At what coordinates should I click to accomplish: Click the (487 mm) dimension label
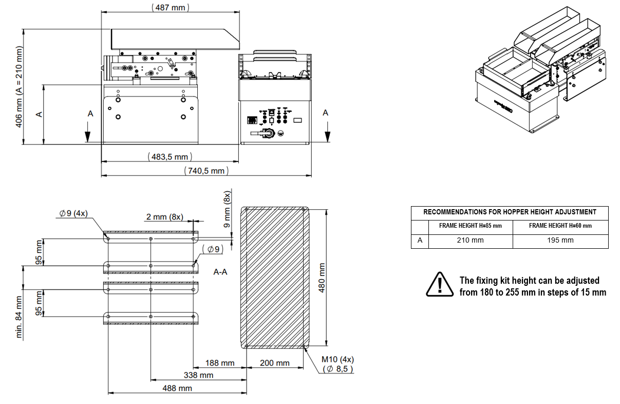point(171,8)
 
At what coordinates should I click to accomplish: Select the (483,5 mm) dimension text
point(169,156)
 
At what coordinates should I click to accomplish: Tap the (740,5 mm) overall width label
point(206,171)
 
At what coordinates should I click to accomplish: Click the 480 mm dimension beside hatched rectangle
point(322,278)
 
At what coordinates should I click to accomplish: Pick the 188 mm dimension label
point(219,363)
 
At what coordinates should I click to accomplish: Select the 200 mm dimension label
point(274,363)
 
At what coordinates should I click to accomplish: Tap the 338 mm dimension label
point(198,375)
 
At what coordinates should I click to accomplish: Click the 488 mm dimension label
point(177,388)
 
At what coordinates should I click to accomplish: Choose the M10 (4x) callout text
point(337,359)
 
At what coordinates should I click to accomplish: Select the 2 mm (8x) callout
point(164,217)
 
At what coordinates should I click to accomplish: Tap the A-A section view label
point(220,271)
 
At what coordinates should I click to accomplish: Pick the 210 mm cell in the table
point(470,240)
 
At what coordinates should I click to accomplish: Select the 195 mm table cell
point(560,240)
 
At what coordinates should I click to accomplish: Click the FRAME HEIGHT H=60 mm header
point(560,226)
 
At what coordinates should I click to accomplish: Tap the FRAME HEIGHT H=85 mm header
point(470,226)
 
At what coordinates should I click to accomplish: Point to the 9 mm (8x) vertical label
point(227,209)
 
